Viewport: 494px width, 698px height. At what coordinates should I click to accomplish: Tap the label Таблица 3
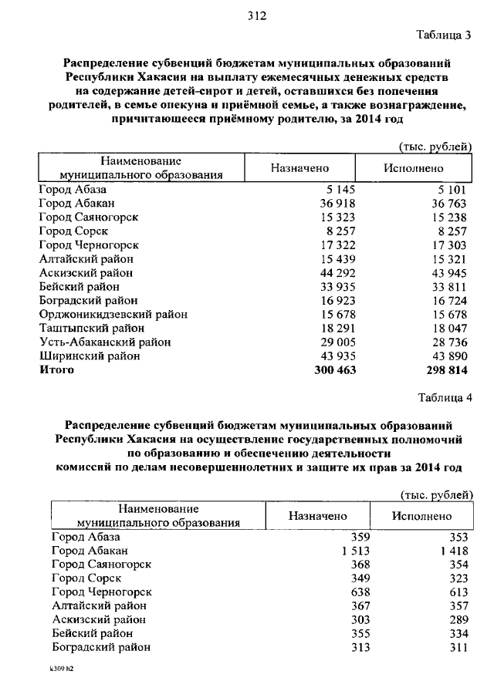pos(442,35)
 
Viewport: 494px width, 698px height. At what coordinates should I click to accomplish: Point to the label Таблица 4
pos(442,398)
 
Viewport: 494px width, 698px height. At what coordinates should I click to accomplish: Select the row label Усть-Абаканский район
pos(104,342)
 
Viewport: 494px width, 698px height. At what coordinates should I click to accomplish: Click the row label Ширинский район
pos(89,356)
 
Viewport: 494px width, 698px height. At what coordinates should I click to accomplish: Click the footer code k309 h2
pos(61,671)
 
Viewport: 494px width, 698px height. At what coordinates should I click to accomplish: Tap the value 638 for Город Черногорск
pos(361,592)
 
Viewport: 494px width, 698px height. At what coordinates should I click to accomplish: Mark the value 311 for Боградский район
pos(458,647)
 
